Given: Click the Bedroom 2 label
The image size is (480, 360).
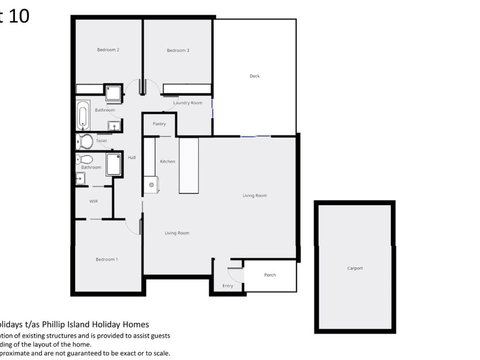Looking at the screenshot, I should pos(108,50).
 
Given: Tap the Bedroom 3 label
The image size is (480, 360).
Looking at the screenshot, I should pos(178,50).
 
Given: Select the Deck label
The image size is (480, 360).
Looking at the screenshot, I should pos(255,76).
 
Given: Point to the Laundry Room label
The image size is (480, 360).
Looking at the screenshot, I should pos(188,103).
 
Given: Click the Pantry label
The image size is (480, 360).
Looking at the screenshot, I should pos(159,124).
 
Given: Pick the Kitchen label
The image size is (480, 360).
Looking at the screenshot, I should pos(168,161).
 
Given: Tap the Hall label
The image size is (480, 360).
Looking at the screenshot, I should pos(132,158).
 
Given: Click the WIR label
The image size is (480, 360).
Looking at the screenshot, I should pos(93,201).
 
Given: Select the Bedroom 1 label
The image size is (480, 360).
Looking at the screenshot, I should pos(107,259).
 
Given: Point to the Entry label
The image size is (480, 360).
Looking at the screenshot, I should pos(227,286).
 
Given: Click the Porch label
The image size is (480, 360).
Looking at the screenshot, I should pos(270,274).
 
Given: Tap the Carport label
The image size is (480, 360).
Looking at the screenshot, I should pos(355,268).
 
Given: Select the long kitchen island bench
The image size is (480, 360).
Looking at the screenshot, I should pos(188,166).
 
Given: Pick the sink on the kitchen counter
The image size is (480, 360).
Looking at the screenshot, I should pos(151,183).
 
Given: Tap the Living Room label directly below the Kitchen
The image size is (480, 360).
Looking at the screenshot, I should pos(177,233).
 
